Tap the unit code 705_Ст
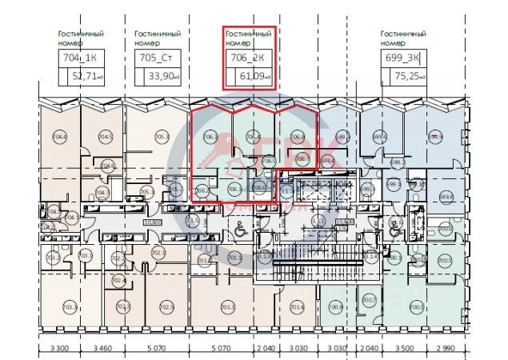157,58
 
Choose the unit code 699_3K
402,58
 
